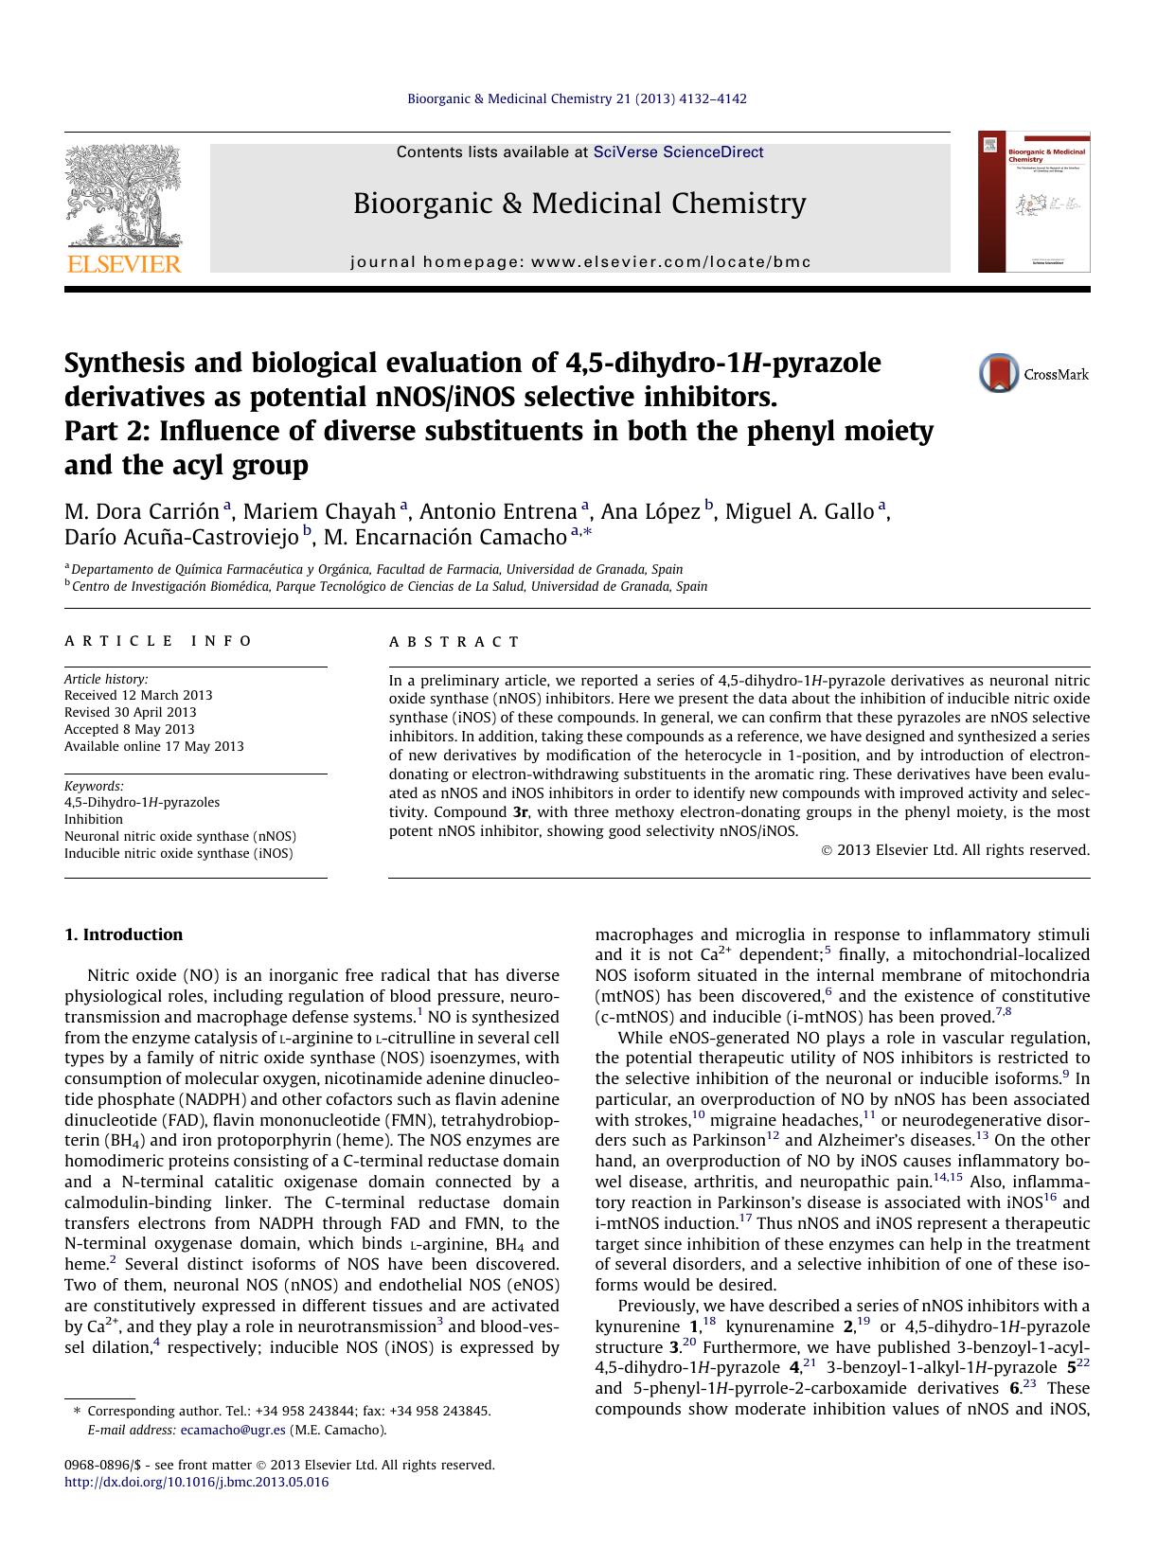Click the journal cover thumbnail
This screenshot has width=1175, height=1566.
(1034, 202)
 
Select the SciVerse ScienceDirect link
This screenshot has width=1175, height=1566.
(678, 152)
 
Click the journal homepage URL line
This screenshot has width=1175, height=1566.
(580, 262)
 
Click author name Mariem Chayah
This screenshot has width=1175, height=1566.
(319, 512)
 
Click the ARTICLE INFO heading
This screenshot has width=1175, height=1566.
(158, 641)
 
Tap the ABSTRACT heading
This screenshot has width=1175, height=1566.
(454, 642)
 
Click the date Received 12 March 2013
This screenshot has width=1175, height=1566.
(138, 695)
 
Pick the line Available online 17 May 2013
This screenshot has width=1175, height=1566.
(153, 746)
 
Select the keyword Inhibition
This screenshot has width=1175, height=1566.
(94, 819)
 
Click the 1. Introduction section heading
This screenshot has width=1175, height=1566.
(123, 934)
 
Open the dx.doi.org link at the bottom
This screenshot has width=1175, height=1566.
(196, 1482)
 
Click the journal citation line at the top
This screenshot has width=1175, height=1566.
(577, 98)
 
